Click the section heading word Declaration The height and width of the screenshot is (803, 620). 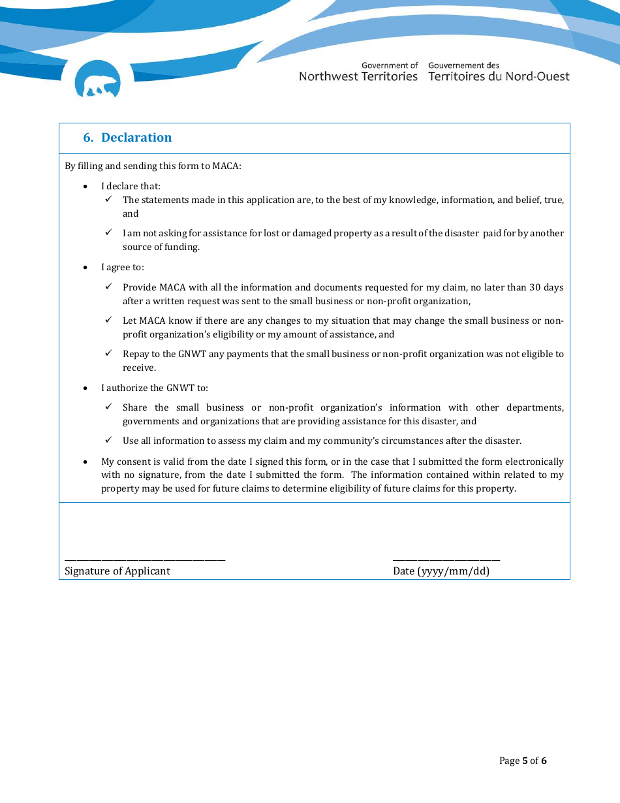coord(136,138)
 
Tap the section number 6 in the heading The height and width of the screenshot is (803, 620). coord(87,138)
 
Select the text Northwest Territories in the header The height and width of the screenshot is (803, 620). coord(358,76)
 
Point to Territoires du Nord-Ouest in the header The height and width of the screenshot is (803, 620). coord(499,76)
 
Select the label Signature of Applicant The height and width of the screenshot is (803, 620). coord(117,571)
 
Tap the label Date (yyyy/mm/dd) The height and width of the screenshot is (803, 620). coord(441,571)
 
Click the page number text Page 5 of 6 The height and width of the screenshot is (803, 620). coord(523,761)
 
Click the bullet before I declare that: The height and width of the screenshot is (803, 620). coord(86,187)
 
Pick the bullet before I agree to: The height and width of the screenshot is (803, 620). coord(86,268)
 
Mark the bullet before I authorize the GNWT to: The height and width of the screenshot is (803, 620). coord(86,388)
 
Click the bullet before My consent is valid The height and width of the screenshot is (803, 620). coord(86,462)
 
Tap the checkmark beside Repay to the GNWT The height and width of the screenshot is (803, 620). coord(109,353)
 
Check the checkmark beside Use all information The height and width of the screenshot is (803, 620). coord(109,440)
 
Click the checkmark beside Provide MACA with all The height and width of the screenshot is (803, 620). coord(109,287)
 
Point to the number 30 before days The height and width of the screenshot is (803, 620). coord(536,287)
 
